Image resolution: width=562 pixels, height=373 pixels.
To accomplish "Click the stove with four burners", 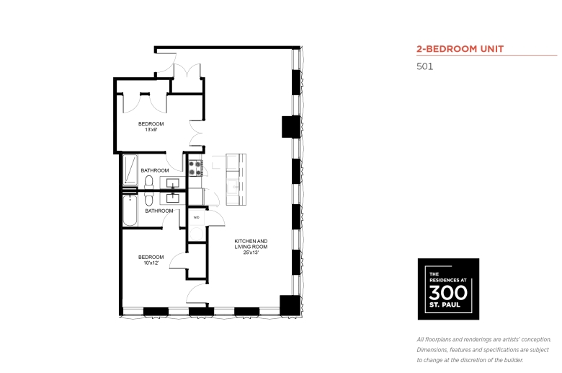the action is [195, 168].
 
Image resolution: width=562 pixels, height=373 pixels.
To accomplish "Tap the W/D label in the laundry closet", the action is [197, 217].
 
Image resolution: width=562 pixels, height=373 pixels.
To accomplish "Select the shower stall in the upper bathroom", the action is [130, 170].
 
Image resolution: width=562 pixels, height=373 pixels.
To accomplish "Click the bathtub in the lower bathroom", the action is [130, 211].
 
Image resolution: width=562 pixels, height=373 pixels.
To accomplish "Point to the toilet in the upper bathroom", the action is [148, 182].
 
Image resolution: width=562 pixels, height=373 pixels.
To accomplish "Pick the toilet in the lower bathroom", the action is [148, 199].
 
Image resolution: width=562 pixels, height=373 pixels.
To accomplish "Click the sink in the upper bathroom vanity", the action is [173, 183].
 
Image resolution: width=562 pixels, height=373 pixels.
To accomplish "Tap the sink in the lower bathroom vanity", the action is [173, 198].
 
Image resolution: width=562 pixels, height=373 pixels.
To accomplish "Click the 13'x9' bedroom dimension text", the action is [151, 130].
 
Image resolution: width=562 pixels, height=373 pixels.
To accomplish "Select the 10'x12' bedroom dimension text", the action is [151, 263].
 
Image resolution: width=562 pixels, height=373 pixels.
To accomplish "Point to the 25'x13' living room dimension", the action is [251, 253].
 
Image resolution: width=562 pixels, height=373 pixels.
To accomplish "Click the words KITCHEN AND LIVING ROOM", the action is [251, 244].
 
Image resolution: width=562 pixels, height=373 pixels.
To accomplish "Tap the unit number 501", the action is [424, 66].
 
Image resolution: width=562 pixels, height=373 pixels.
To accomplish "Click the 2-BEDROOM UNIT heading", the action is [460, 49].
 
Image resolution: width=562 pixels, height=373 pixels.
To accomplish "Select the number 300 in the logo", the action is [448, 293].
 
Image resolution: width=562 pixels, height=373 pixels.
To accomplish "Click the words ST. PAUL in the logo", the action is [445, 305].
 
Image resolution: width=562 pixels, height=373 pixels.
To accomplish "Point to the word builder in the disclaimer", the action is [513, 360].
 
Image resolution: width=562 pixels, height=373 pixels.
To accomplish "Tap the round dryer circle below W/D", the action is [197, 234].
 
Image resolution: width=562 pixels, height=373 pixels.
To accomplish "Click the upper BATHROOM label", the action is [154, 170].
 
